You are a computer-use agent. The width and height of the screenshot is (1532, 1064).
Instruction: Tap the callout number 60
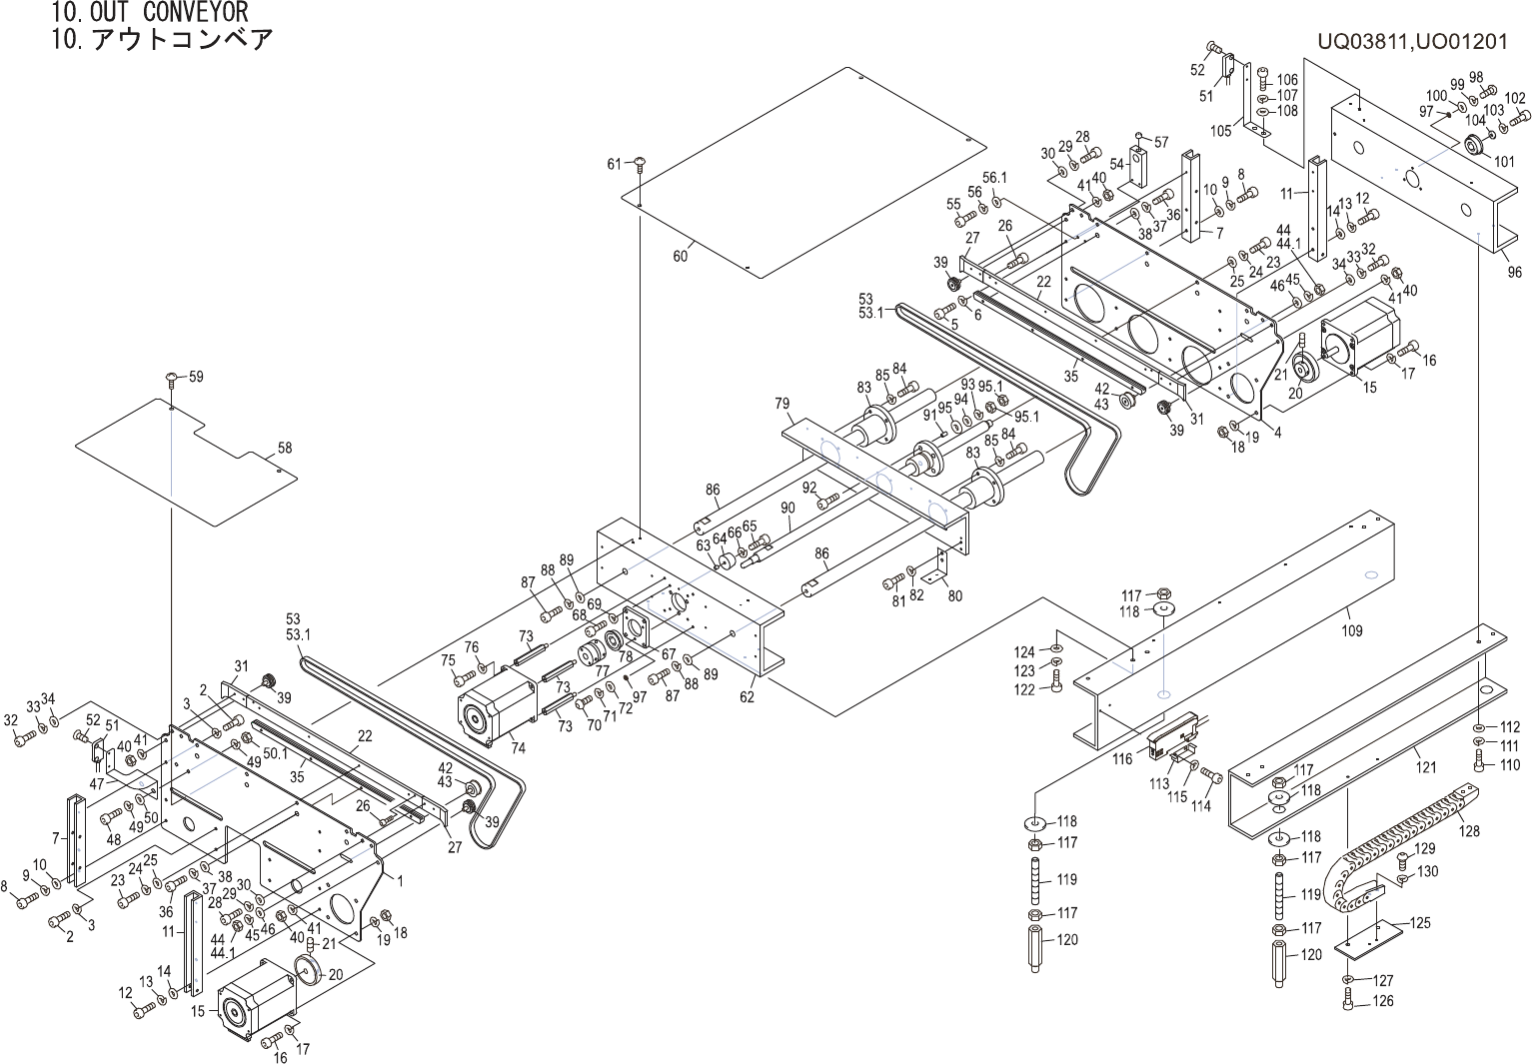(x=680, y=257)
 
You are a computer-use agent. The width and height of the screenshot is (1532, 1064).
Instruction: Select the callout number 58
(x=285, y=449)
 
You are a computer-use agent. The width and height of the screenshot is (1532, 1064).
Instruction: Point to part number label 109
(x=1351, y=631)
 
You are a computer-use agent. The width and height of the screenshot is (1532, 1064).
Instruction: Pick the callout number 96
(x=1515, y=271)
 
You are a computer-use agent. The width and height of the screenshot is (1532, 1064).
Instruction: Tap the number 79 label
(x=782, y=405)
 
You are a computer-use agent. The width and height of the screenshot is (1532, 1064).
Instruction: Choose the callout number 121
(x=1426, y=767)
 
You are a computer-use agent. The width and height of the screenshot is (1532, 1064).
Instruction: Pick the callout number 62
(x=747, y=697)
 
